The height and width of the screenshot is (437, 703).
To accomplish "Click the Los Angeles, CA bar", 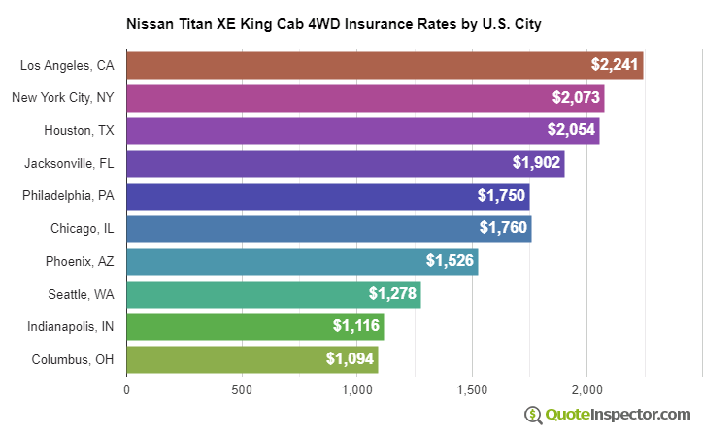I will point(385,65).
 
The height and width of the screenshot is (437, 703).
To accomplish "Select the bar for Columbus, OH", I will point(251,359).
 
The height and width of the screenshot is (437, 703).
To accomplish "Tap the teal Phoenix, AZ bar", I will point(302,261).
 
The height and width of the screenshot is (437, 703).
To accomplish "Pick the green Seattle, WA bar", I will point(273,294).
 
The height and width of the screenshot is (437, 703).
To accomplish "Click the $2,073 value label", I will point(576,98).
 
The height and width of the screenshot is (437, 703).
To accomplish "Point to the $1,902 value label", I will point(536,163).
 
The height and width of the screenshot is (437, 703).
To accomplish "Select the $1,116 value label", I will point(356,326).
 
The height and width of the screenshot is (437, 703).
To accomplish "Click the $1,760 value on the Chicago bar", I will point(503,228).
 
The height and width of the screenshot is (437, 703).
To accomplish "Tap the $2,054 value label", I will point(571,130).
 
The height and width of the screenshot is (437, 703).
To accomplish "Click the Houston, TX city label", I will point(79,130).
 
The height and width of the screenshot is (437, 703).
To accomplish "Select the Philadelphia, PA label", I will point(68,195).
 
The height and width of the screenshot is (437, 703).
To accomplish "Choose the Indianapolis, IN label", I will point(70,326).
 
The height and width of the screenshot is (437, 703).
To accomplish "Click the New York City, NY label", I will point(63,98).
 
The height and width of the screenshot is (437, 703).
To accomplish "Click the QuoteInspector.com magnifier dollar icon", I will point(533,415).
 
